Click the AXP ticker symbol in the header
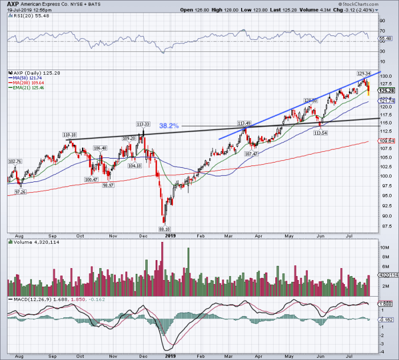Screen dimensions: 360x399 click(x=12, y=3)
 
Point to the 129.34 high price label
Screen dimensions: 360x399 click(x=364, y=74)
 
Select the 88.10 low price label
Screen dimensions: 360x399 click(x=164, y=227)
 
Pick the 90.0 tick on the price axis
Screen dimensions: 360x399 click(x=386, y=216)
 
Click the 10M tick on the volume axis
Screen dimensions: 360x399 click(x=385, y=248)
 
